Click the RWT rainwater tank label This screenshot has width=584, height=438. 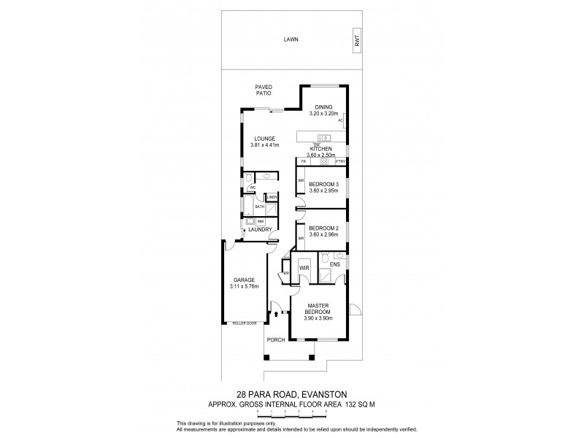click(x=357, y=43)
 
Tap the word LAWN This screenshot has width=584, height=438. click(x=292, y=40)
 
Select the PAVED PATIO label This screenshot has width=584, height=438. click(x=264, y=91)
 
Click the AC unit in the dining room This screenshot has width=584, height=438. click(x=341, y=120)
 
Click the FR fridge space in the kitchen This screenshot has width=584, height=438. click(x=302, y=161)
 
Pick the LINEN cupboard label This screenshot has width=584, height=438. click(x=272, y=197)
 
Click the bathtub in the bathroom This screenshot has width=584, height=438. click(x=249, y=207)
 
